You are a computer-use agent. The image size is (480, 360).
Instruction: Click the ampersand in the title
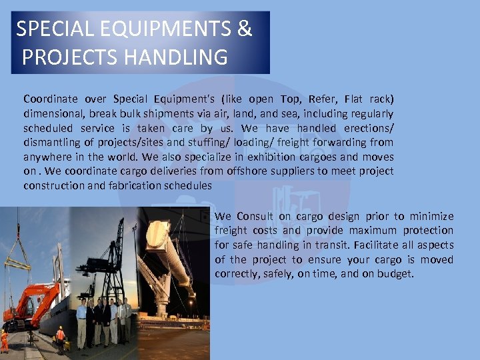245,29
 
